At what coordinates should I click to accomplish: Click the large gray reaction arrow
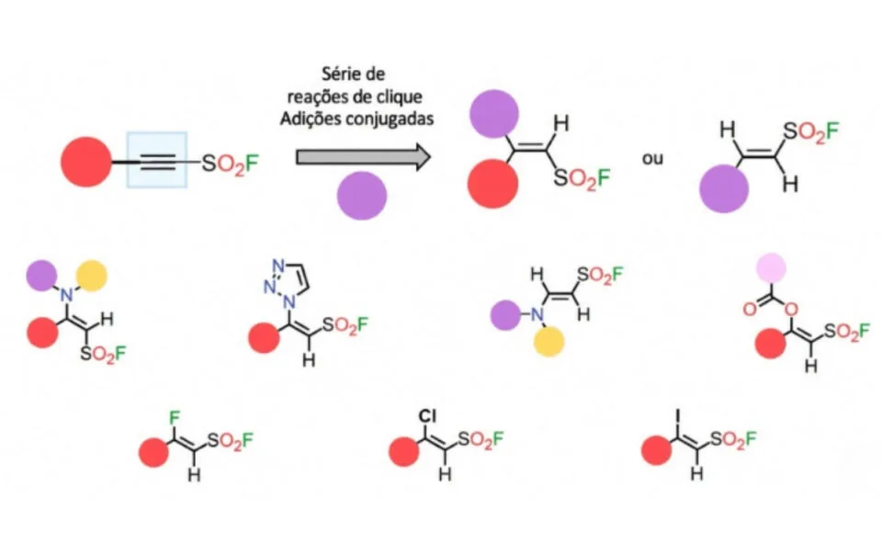coord(364,157)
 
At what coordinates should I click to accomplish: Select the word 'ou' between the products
coord(652,159)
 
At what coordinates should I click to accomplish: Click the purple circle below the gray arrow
coord(362,195)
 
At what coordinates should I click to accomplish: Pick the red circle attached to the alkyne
coord(86,162)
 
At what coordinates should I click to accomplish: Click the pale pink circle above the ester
coord(771,267)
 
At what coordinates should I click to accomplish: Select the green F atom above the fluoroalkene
coord(175,418)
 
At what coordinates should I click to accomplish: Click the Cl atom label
coord(427,416)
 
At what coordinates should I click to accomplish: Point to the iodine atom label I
coord(678,416)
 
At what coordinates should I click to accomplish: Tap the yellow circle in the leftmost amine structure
coord(92,276)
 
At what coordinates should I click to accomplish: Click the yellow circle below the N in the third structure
coord(549,342)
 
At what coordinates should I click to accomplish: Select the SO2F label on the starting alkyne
coord(230,164)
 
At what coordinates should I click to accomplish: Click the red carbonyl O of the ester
coord(750,309)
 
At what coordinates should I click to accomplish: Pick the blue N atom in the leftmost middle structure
coord(67,294)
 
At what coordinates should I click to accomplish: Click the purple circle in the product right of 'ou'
coord(724,188)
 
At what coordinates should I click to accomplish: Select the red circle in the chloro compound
coord(404,452)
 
